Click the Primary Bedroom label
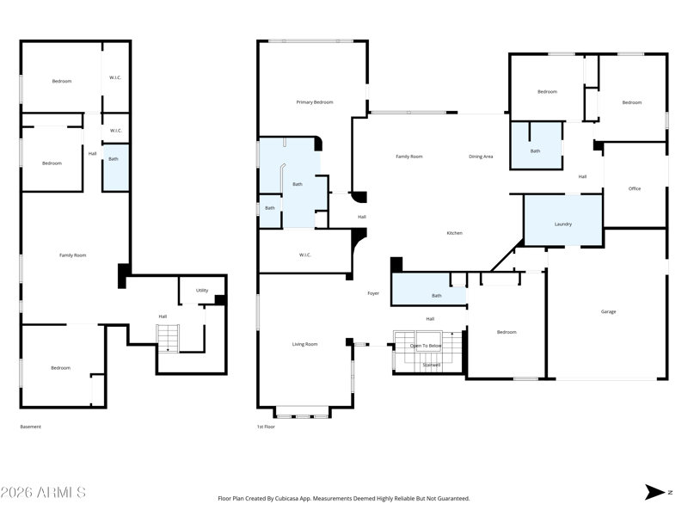coord(315,102)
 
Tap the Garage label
coord(608,311)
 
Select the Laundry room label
coord(563,224)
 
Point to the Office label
coord(635,188)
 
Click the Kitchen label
coord(455,233)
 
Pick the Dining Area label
coord(481,157)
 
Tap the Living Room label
coord(305,345)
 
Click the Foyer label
coord(373,293)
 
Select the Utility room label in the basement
coord(202,291)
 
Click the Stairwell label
coord(432,365)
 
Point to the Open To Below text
coord(426,346)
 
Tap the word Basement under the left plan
coord(31,427)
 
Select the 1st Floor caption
coord(266,427)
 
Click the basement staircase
coord(169,338)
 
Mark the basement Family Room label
coord(73,255)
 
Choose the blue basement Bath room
coord(116,168)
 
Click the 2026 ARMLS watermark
coord(43,492)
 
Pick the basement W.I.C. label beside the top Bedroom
coord(115,77)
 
